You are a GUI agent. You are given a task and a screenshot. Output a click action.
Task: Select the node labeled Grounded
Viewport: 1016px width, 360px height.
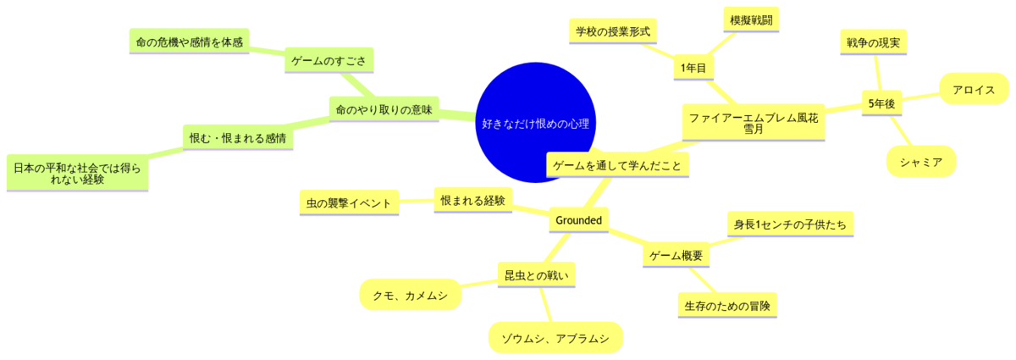pyautogui.click(x=578, y=221)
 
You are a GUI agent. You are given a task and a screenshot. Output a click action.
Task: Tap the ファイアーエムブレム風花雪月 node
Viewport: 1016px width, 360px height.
pyautogui.click(x=754, y=124)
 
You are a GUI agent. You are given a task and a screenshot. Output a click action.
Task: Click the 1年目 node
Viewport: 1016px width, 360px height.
pyautogui.click(x=693, y=68)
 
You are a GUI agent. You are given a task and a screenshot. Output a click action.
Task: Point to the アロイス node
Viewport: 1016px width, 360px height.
pyautogui.click(x=974, y=89)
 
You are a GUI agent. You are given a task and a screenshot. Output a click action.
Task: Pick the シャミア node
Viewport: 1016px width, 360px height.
pyautogui.click(x=921, y=161)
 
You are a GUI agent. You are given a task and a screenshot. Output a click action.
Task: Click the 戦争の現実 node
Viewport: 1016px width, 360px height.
pyautogui.click(x=872, y=42)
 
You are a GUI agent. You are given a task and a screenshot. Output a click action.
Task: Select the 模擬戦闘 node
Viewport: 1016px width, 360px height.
pyautogui.click(x=749, y=19)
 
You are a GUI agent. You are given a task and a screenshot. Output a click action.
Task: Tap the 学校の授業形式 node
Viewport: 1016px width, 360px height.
pyautogui.click(x=612, y=31)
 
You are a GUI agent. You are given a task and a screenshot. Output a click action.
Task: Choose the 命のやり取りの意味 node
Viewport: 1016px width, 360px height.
pyautogui.click(x=384, y=109)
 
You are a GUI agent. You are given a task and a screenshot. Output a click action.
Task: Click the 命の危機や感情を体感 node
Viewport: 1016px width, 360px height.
pyautogui.click(x=190, y=41)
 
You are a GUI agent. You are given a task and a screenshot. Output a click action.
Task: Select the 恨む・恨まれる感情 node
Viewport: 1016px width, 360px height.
pyautogui.click(x=237, y=137)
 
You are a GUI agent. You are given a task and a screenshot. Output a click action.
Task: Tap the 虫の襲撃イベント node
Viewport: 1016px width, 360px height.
pyautogui.click(x=350, y=203)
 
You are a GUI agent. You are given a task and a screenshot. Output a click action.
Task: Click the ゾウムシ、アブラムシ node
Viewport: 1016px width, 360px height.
pyautogui.click(x=555, y=338)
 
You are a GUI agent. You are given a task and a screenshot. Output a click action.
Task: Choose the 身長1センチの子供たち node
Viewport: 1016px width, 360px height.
pyautogui.click(x=791, y=225)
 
